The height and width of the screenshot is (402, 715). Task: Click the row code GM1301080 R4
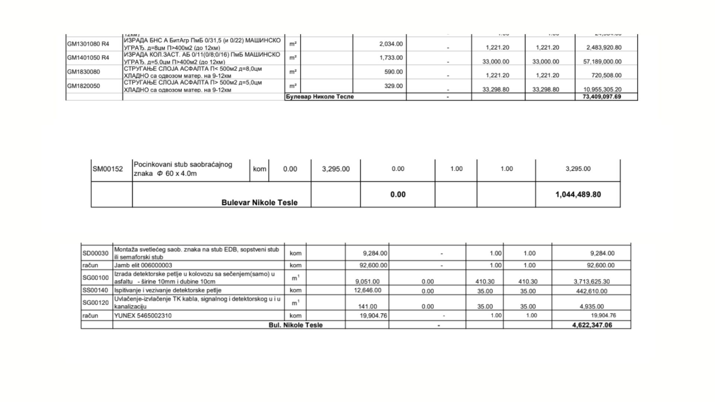[x=88, y=44]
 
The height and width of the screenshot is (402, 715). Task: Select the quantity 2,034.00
[x=391, y=44]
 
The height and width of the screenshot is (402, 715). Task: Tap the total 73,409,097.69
[x=602, y=97]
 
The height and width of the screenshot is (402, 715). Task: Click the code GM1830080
[x=83, y=72]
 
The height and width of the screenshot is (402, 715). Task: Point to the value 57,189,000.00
[x=602, y=61]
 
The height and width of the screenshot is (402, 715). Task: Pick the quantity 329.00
[x=394, y=86]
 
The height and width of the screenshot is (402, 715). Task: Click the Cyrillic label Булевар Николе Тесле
[x=320, y=97]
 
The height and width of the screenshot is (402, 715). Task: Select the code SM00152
[x=108, y=169]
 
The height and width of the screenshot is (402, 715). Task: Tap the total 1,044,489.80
[x=578, y=194]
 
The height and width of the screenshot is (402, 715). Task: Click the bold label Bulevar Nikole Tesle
[x=259, y=202]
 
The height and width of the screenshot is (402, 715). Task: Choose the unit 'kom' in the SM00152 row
[x=260, y=169]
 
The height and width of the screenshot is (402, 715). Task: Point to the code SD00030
[x=95, y=253]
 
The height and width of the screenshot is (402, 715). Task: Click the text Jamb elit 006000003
[x=143, y=265]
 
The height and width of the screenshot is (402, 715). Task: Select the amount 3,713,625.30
[x=591, y=282]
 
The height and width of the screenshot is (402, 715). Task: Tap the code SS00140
[x=95, y=290]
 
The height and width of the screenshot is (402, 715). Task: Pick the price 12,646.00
[x=368, y=290]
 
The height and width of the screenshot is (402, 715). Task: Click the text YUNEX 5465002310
[x=143, y=316]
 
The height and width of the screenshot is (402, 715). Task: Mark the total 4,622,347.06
[x=592, y=325]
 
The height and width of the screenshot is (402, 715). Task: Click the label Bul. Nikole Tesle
[x=296, y=325]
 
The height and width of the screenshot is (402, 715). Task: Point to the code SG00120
[x=95, y=303]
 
